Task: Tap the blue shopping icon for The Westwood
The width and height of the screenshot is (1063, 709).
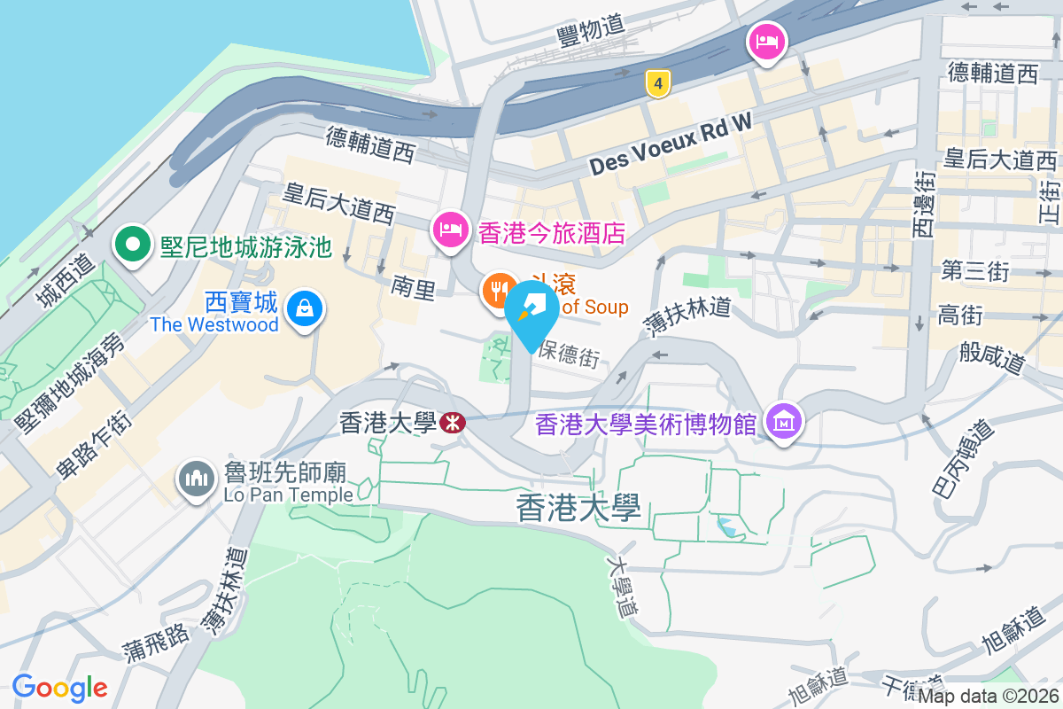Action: pos(304,308)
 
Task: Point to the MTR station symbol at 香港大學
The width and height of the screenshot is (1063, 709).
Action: pos(452,424)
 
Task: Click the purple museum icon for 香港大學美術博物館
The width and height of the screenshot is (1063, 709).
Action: pos(784,422)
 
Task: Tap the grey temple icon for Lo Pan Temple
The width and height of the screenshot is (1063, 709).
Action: pos(196,479)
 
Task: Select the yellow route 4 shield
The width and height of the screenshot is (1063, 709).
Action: pos(656,84)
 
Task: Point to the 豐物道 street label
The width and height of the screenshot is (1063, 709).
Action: pos(592,31)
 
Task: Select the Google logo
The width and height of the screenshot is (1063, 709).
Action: pos(59,687)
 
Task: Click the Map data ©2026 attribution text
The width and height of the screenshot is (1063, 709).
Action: pos(988,697)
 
